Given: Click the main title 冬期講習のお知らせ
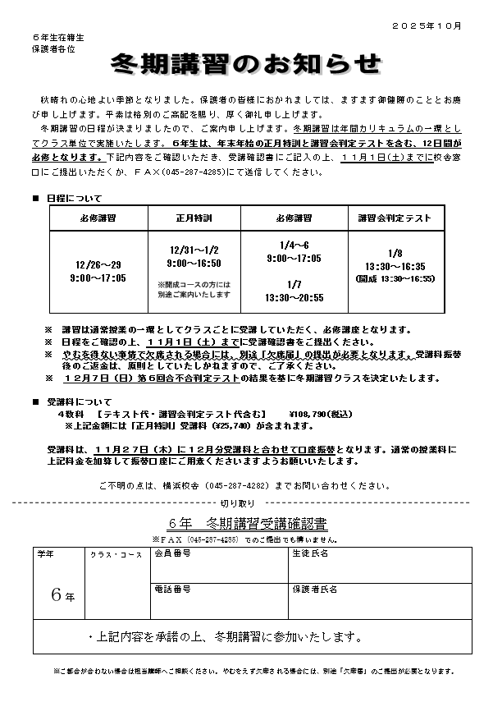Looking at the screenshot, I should click(246, 63).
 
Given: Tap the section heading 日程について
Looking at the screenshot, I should click(75, 199).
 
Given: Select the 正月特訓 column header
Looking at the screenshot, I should click(194, 218).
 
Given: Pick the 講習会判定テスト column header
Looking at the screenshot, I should click(395, 218).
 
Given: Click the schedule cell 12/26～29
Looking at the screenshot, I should click(98, 266).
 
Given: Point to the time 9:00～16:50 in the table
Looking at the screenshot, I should click(194, 264).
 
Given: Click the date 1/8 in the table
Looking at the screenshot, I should click(395, 254).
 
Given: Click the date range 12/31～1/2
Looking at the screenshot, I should click(194, 251).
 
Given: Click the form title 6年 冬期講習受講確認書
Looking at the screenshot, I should click(246, 523).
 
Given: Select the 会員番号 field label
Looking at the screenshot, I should click(173, 554).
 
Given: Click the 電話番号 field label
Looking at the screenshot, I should click(173, 590).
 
